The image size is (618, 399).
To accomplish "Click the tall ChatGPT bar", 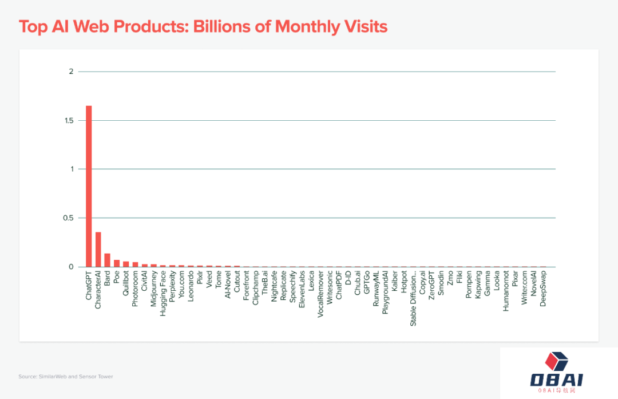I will click(x=89, y=186).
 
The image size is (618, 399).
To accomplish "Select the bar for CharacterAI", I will click(x=98, y=250).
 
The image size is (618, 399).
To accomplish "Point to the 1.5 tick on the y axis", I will click(x=69, y=121).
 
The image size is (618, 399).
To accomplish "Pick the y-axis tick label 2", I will click(x=72, y=72).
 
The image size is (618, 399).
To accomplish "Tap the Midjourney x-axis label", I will click(x=154, y=289).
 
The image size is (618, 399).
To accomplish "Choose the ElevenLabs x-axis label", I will click(x=302, y=290).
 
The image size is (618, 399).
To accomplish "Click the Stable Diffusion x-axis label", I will click(x=413, y=298).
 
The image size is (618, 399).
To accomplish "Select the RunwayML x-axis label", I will click(x=376, y=290).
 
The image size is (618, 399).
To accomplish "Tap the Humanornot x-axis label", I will click(x=506, y=291).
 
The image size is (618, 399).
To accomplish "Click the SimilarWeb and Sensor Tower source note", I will click(x=65, y=377).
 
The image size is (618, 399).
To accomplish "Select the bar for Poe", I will click(x=117, y=263).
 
